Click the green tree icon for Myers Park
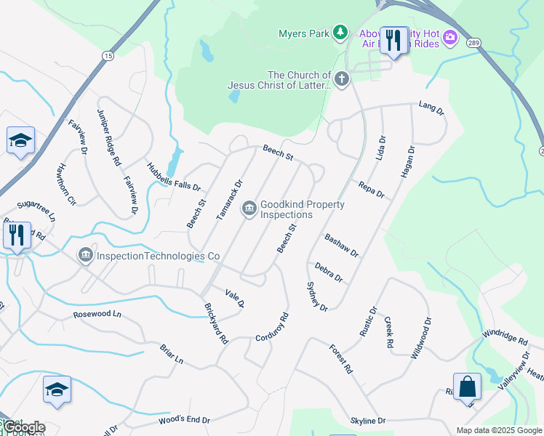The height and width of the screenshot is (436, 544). [x=340, y=32]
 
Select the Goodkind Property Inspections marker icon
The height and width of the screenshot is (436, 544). [x=249, y=209]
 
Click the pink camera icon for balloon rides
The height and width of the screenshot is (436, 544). [x=450, y=36]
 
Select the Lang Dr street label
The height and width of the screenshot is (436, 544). [x=431, y=108]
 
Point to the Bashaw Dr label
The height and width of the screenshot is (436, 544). [x=342, y=246]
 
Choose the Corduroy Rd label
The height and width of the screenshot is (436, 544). [x=273, y=328]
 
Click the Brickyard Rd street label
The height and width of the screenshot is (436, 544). [x=217, y=323]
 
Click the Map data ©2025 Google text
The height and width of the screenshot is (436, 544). [x=497, y=430]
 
